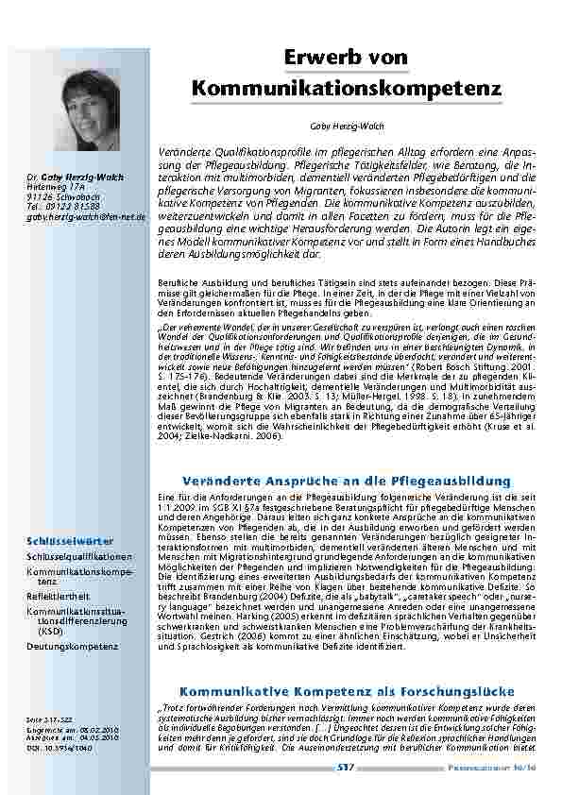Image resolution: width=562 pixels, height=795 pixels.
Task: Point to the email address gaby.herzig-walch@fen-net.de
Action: pyautogui.click(x=86, y=217)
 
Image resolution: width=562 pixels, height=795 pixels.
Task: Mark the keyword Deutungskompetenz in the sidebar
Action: pyautogui.click(x=72, y=646)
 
